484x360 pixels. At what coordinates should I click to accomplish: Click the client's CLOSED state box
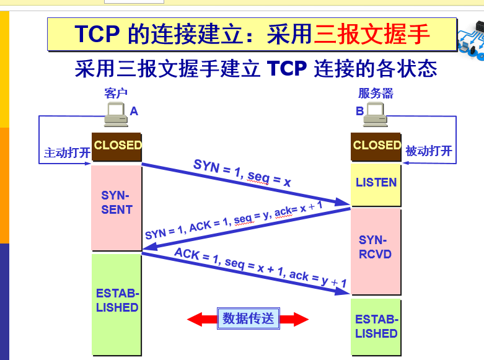(x=117, y=146)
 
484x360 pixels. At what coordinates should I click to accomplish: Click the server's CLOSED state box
(x=376, y=146)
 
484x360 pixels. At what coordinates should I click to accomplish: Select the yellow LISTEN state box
(x=376, y=183)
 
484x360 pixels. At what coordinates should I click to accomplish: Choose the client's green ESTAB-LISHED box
(x=117, y=302)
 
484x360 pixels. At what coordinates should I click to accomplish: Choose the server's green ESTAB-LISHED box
(x=376, y=327)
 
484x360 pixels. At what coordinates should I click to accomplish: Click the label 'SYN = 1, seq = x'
(x=242, y=173)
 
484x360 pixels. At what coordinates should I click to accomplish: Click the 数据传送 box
(x=248, y=318)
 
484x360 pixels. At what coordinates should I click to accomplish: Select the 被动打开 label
(x=428, y=151)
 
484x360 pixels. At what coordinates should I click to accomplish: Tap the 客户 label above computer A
(x=116, y=94)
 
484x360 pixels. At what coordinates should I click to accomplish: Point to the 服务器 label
(x=375, y=94)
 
